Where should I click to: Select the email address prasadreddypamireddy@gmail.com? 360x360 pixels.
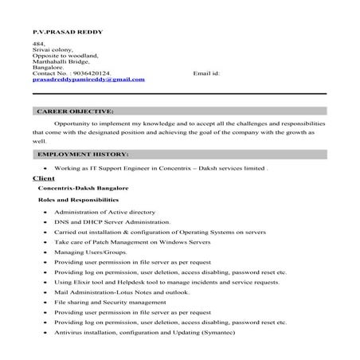pos(88,80)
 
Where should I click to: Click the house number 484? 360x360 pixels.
pos(38,44)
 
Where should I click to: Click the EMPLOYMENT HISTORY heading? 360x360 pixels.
pos(82,153)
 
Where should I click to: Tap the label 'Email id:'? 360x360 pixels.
pos(206,72)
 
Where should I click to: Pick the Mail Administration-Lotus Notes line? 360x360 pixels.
pos(111,292)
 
